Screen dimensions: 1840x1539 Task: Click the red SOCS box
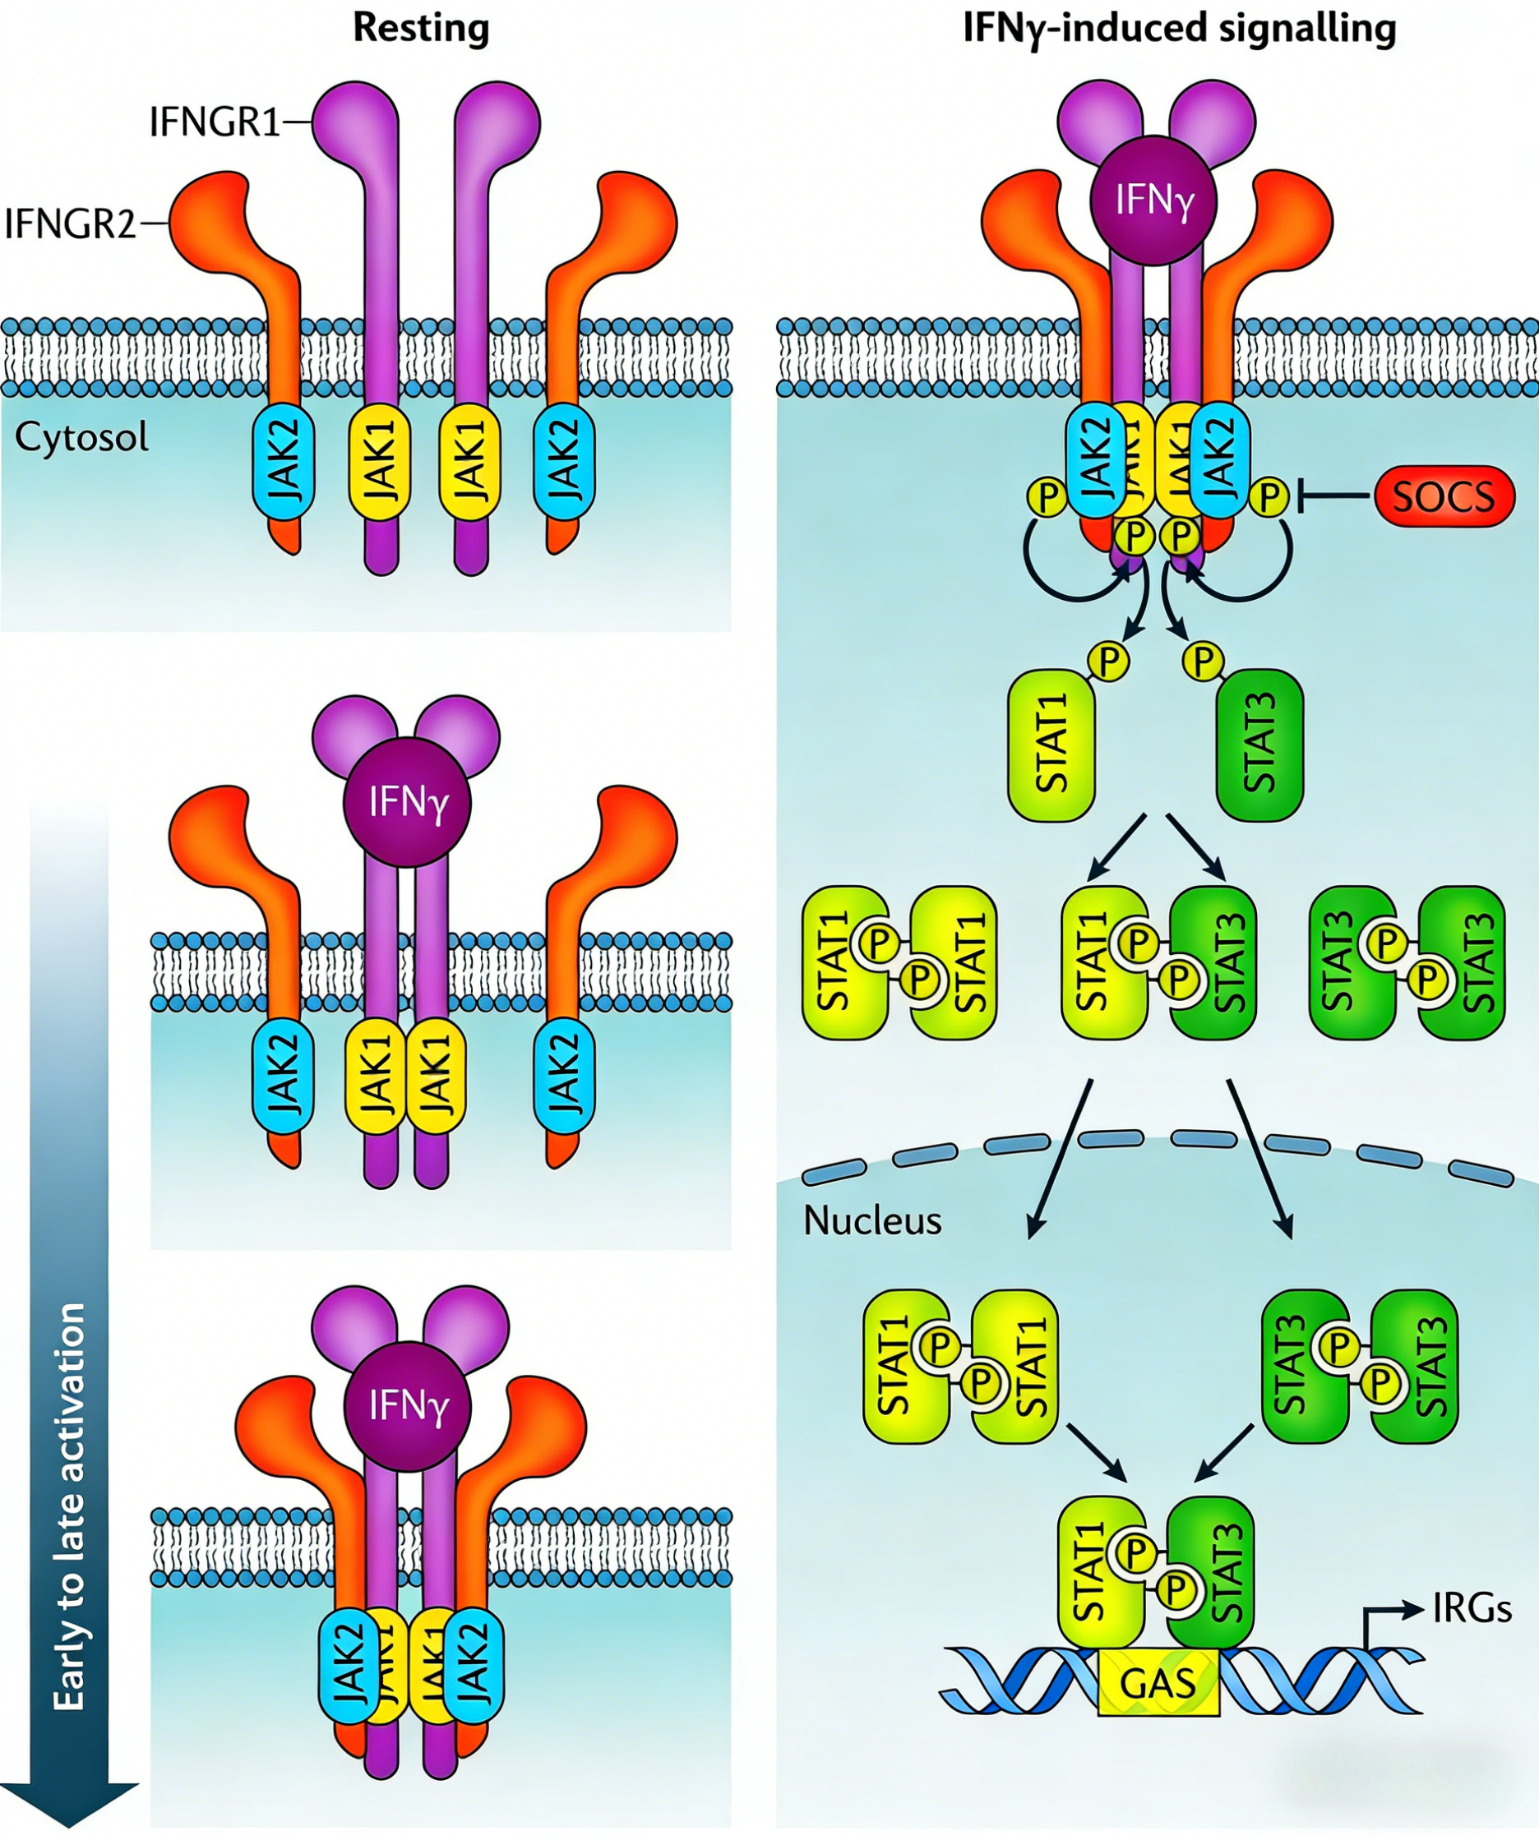1444,497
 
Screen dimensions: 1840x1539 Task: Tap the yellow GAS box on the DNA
1158,1682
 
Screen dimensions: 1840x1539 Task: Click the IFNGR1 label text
215,122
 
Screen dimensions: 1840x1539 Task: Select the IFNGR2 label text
70,224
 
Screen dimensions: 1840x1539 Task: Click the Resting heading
421,28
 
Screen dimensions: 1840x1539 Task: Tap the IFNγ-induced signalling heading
1179,28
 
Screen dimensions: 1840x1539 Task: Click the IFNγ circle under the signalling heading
1154,201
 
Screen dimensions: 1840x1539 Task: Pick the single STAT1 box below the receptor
1051,745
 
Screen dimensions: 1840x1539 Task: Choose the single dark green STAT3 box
1259,745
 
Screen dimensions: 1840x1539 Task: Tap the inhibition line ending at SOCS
1332,497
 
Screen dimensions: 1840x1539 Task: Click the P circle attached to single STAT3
1204,662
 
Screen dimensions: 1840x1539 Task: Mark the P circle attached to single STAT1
1109,662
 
